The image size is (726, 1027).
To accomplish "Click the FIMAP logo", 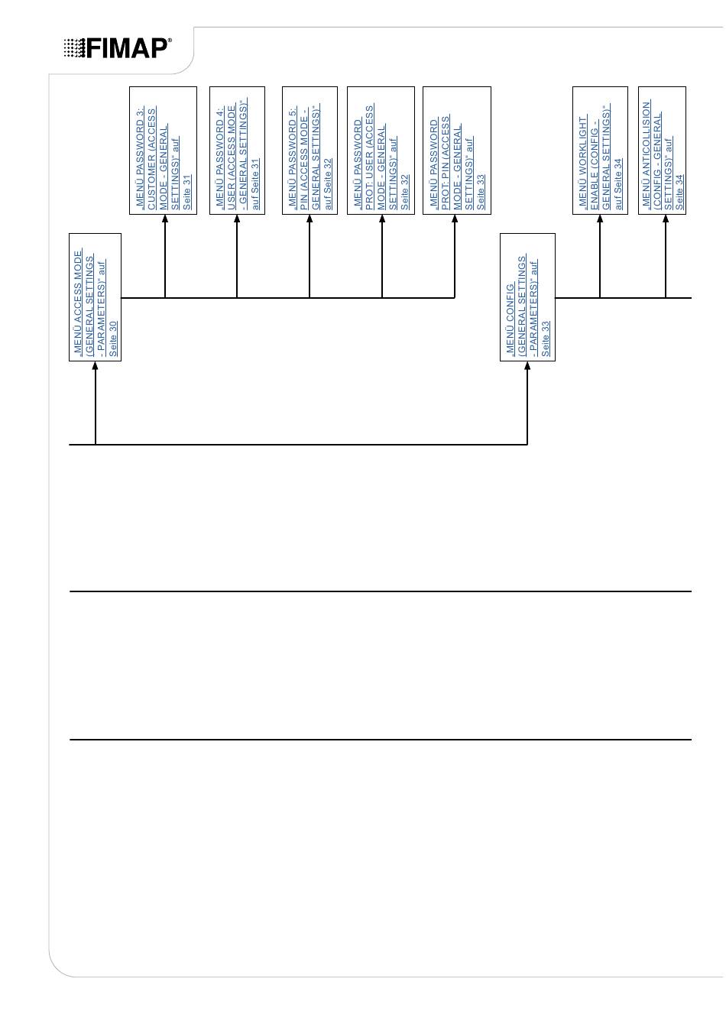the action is [118, 48].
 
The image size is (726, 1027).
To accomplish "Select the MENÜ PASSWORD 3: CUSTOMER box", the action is [163, 151].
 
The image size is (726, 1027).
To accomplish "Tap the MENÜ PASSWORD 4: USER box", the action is [237, 151].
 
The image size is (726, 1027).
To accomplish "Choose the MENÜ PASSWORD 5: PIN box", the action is [310, 151].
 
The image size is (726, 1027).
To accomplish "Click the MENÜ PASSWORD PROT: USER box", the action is [381, 151].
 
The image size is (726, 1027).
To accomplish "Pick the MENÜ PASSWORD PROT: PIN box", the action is [456, 151].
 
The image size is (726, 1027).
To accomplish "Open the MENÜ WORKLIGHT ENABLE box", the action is [600, 151].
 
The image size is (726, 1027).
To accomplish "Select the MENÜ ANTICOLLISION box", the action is [662, 151].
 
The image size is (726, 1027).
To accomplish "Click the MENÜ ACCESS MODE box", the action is [96, 296].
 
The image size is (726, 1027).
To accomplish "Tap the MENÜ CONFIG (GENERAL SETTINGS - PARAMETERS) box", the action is [527, 296].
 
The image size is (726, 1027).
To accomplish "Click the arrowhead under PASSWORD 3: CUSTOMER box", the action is [165, 219].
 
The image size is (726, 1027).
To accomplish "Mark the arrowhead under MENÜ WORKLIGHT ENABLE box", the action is [600, 219].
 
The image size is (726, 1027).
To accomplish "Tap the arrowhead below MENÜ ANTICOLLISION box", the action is [666, 219].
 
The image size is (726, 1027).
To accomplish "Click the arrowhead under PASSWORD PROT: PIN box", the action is [455, 219].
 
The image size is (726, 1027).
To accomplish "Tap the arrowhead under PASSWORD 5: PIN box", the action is [310, 219].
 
